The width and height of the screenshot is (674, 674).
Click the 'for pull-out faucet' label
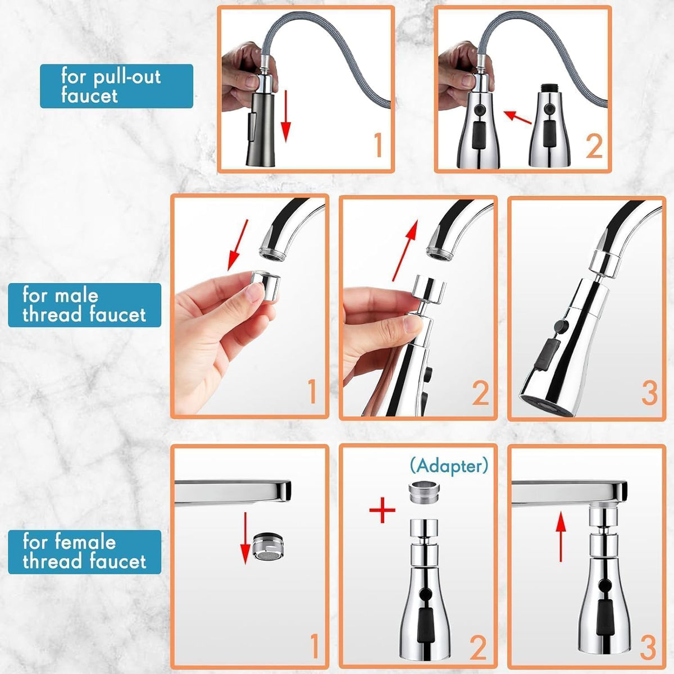pyautogui.click(x=116, y=86)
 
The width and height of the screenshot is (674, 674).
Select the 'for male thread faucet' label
pyautogui.click(x=84, y=305)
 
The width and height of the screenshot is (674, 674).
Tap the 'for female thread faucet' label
pyautogui.click(x=84, y=552)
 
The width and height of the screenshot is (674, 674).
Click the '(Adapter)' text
pyautogui.click(x=449, y=465)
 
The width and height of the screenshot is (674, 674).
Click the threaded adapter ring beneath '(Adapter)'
pyautogui.click(x=423, y=494)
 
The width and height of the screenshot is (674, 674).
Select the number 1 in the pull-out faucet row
pyautogui.click(x=377, y=144)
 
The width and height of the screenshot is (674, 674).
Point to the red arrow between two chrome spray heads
pyautogui.click(x=517, y=119)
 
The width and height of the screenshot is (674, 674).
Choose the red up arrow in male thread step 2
pyautogui.click(x=404, y=250)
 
